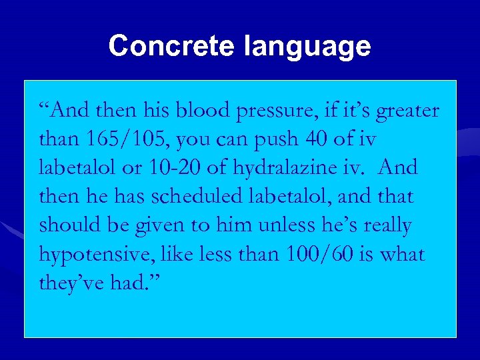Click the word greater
click(408, 111)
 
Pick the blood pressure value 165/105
click(126, 139)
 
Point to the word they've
click(73, 283)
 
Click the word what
click(403, 254)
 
